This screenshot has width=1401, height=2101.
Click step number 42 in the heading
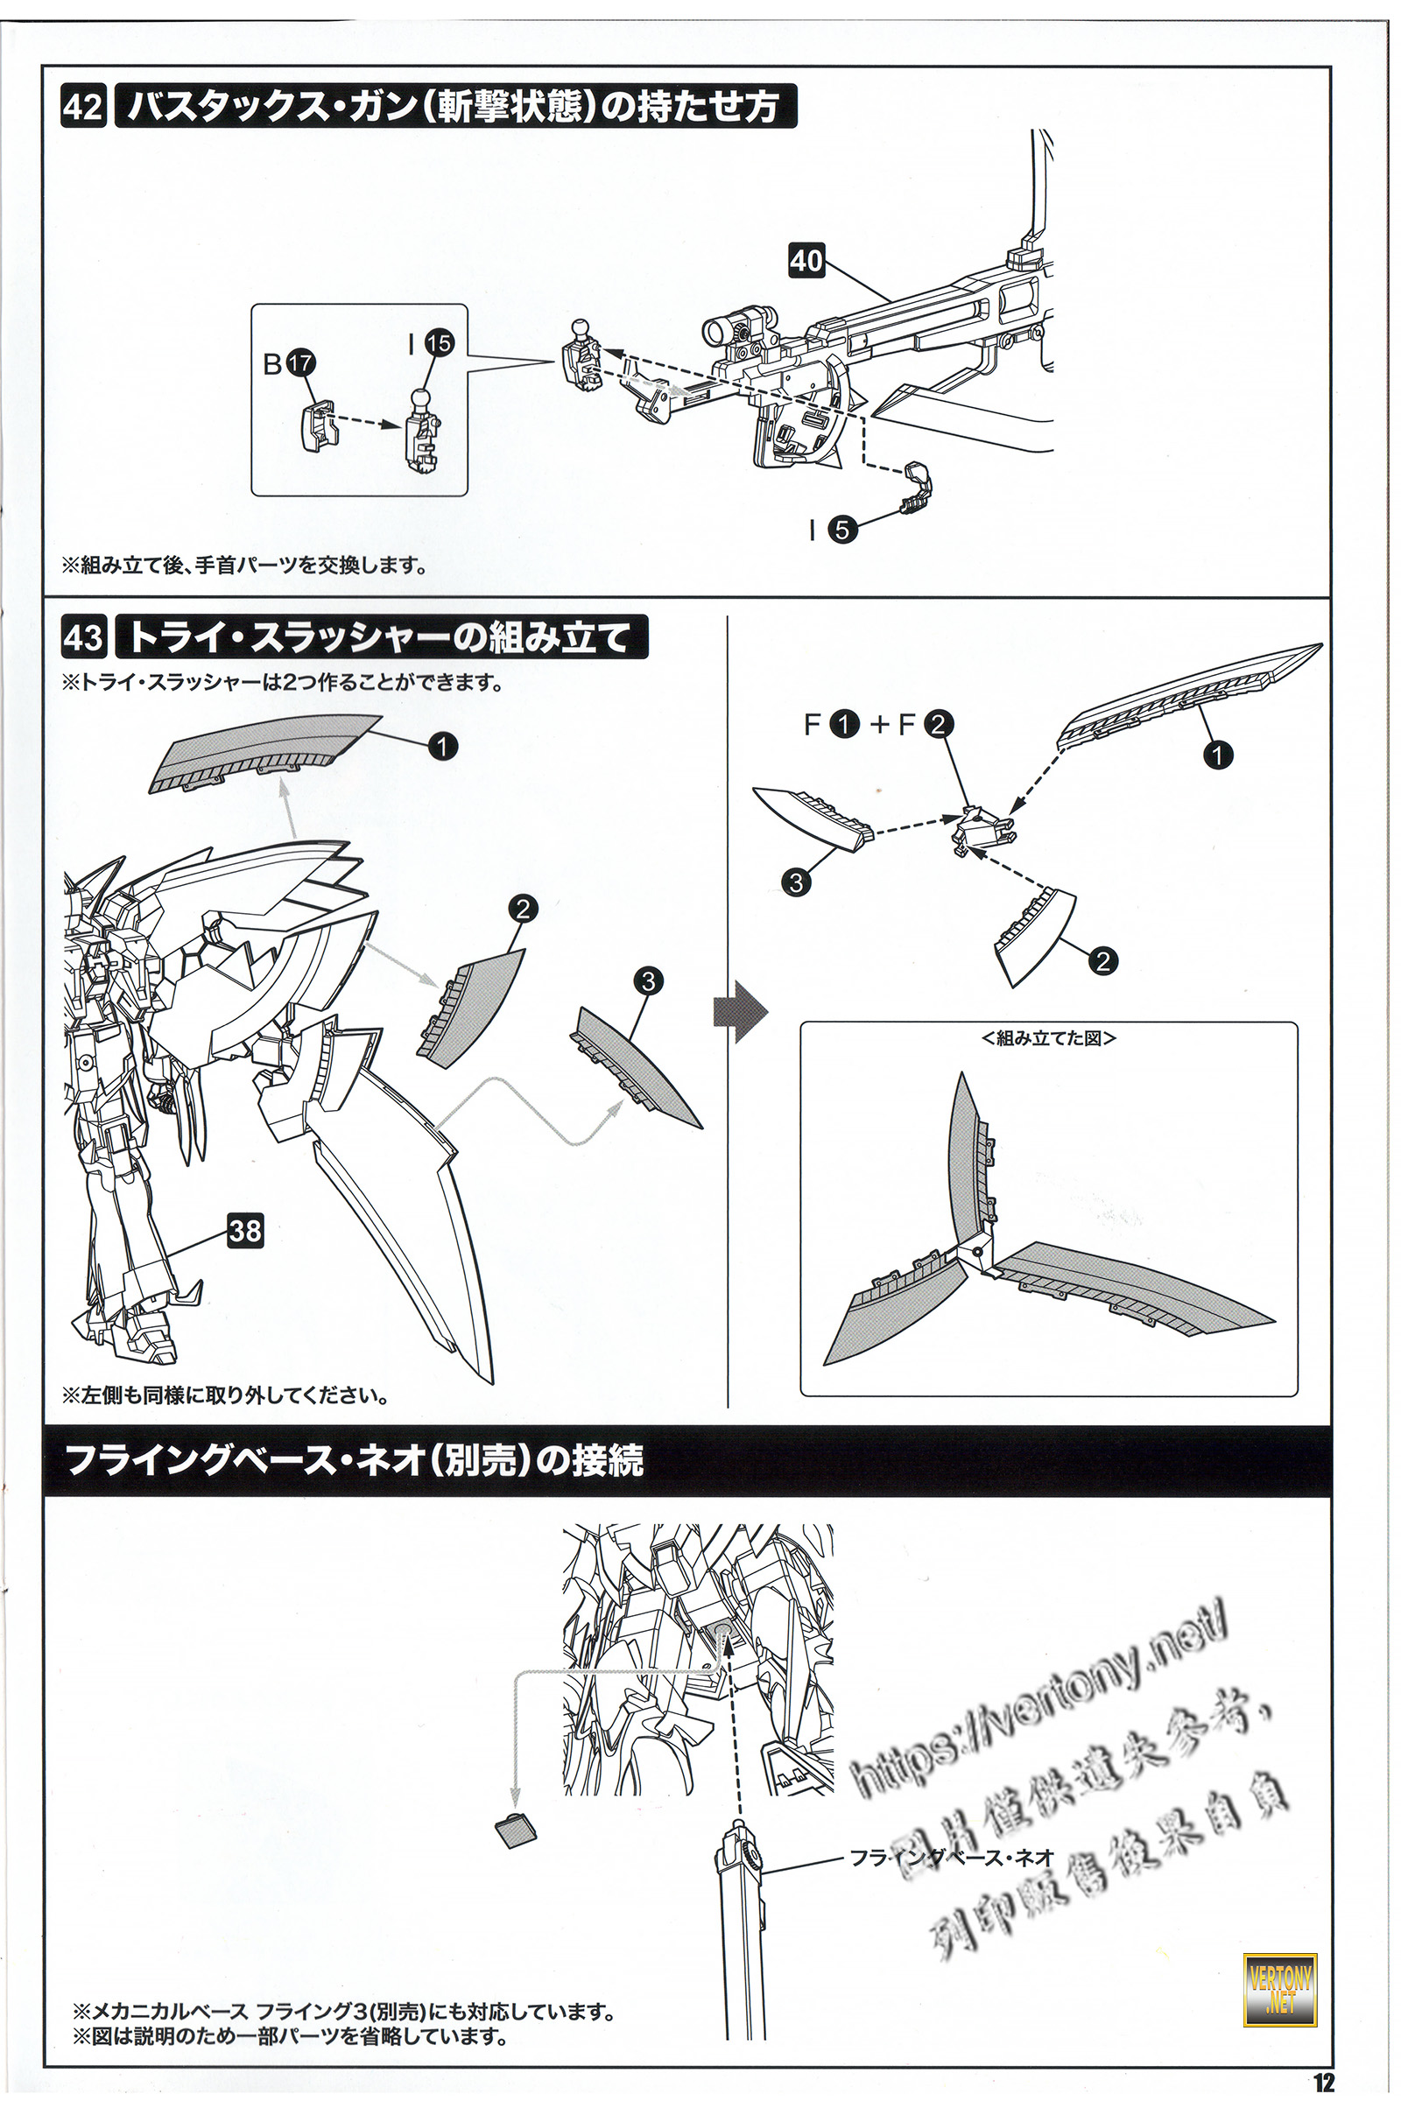[x=84, y=108]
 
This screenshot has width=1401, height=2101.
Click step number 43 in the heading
[x=84, y=639]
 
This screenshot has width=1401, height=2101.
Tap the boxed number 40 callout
[x=806, y=260]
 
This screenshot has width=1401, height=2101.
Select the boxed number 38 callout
[x=245, y=1231]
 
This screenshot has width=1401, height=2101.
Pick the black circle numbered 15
[x=439, y=343]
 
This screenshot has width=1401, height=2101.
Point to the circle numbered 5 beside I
[x=841, y=530]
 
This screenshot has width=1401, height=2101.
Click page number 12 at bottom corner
[x=1323, y=2083]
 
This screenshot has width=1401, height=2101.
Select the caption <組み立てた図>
[x=1049, y=1038]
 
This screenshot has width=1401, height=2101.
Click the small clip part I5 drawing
[x=917, y=487]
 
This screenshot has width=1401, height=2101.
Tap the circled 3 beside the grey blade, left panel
[x=648, y=980]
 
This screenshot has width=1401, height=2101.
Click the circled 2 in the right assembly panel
[x=1103, y=960]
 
